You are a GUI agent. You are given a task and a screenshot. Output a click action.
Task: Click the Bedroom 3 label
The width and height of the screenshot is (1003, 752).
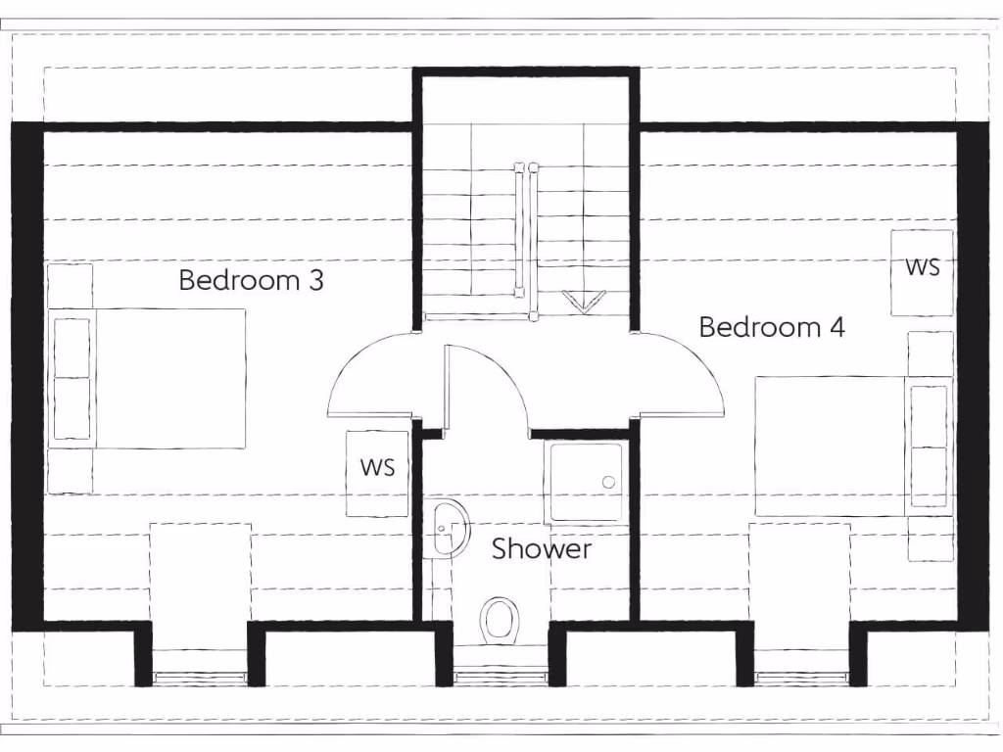(251, 281)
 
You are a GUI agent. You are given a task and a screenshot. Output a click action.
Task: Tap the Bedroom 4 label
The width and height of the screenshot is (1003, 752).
(771, 327)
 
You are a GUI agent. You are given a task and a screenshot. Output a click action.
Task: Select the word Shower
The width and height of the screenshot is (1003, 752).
(541, 549)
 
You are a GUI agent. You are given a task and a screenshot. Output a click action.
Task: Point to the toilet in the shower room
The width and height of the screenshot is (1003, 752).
(500, 620)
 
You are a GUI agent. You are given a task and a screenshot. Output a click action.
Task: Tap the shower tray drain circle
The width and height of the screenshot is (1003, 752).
(608, 482)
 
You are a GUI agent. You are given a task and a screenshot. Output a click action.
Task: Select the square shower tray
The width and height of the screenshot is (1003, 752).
(585, 481)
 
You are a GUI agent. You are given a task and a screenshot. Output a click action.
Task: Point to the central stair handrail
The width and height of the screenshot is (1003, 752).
(526, 240)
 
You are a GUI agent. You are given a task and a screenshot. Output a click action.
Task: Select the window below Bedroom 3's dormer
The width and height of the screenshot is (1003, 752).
(200, 677)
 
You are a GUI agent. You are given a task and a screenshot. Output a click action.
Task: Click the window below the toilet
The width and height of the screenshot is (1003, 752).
(500, 677)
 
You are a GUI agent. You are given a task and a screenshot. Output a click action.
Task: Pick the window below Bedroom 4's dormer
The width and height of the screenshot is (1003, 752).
(800, 677)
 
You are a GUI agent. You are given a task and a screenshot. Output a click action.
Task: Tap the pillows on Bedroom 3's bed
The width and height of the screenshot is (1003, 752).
(72, 378)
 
